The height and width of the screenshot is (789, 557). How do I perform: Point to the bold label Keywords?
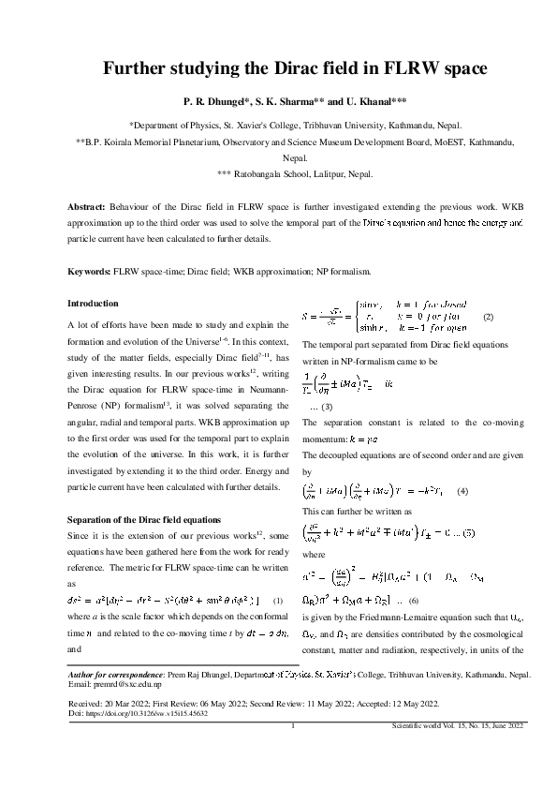pyautogui.click(x=90, y=272)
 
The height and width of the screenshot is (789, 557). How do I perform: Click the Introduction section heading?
pyautogui.click(x=94, y=304)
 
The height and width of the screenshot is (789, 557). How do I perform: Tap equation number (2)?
pyautogui.click(x=487, y=318)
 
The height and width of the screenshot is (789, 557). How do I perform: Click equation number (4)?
pyautogui.click(x=462, y=491)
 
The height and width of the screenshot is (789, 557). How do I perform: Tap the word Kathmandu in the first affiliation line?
pyautogui.click(x=420, y=125)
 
